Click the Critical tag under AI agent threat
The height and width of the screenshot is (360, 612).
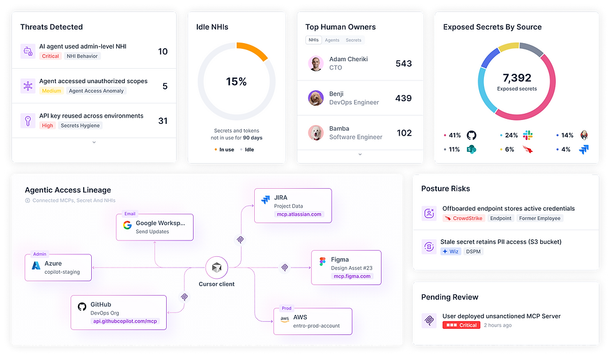point(51,56)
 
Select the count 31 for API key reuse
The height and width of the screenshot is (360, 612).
point(162,121)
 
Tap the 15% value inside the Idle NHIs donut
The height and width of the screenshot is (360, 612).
point(236,82)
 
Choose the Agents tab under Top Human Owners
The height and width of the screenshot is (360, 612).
point(332,40)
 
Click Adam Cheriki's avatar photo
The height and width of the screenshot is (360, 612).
point(315,63)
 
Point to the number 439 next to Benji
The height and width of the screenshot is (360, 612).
point(403,98)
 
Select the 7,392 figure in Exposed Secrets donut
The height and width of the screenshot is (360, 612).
point(516,78)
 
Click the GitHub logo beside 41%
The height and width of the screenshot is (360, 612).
point(471,135)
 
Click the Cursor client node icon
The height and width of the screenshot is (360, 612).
point(216,267)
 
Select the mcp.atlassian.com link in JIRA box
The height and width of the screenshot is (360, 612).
point(299,214)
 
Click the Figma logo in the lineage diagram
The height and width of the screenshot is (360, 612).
point(322,261)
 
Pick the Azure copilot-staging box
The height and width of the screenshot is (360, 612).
point(58,267)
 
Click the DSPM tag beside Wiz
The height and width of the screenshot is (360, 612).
point(473,251)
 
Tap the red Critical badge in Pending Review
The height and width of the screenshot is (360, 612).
point(461,325)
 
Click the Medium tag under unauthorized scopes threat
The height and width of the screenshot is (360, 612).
point(52,91)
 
